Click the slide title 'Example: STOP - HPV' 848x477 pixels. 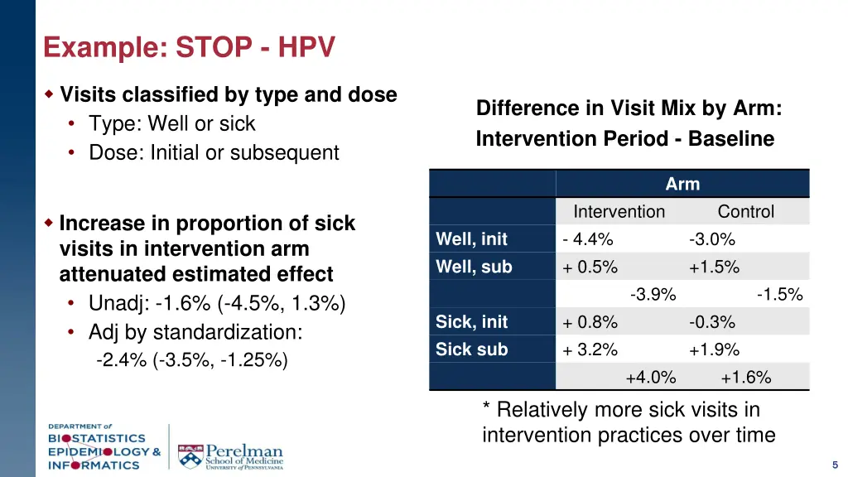point(189,48)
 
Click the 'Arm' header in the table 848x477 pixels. point(682,184)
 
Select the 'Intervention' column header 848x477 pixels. point(619,212)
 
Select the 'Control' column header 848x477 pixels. point(745,212)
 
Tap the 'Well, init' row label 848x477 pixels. point(471,239)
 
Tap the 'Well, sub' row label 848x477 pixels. point(474,267)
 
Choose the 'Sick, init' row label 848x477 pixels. point(471,322)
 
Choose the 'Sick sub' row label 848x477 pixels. point(471,349)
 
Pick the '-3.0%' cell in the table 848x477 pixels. point(711,239)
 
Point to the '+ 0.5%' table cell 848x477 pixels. point(590,267)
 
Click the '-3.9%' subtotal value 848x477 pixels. point(653,295)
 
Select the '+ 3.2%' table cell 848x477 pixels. point(590,349)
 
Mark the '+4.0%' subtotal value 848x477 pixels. point(651,378)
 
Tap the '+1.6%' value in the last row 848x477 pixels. point(745,378)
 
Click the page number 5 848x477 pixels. point(836,465)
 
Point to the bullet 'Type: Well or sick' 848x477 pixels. point(172,124)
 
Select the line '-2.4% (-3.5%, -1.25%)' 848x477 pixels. point(192,360)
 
